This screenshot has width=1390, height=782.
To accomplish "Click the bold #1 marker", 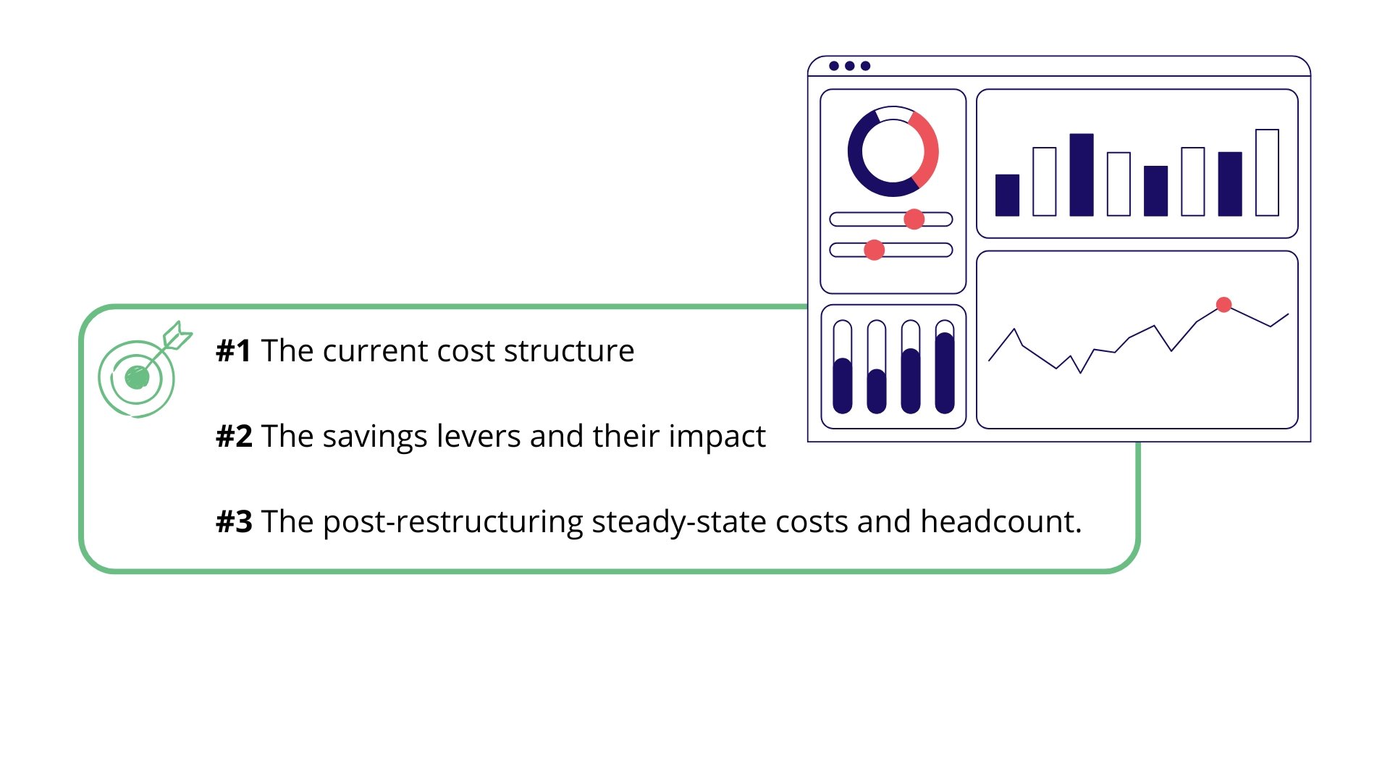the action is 234,351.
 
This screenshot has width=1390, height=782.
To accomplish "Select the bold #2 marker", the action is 234,437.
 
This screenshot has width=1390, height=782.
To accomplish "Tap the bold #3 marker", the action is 234,522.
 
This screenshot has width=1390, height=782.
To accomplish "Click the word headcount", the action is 1001,522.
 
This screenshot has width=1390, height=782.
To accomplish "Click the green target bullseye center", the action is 137,377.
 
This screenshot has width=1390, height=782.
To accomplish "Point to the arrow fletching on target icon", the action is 177,335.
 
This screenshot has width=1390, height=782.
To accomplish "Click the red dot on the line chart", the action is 1224,305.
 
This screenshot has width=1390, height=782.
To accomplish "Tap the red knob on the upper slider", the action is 914,219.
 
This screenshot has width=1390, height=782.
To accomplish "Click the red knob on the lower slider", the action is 875,250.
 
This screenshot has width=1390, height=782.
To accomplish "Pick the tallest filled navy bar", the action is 1082,175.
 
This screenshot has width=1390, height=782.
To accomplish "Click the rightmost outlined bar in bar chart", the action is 1267,172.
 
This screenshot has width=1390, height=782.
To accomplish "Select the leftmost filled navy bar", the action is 1007,195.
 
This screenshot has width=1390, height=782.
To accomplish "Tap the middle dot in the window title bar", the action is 850,66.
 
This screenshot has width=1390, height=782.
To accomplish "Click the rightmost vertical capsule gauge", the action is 945,366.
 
